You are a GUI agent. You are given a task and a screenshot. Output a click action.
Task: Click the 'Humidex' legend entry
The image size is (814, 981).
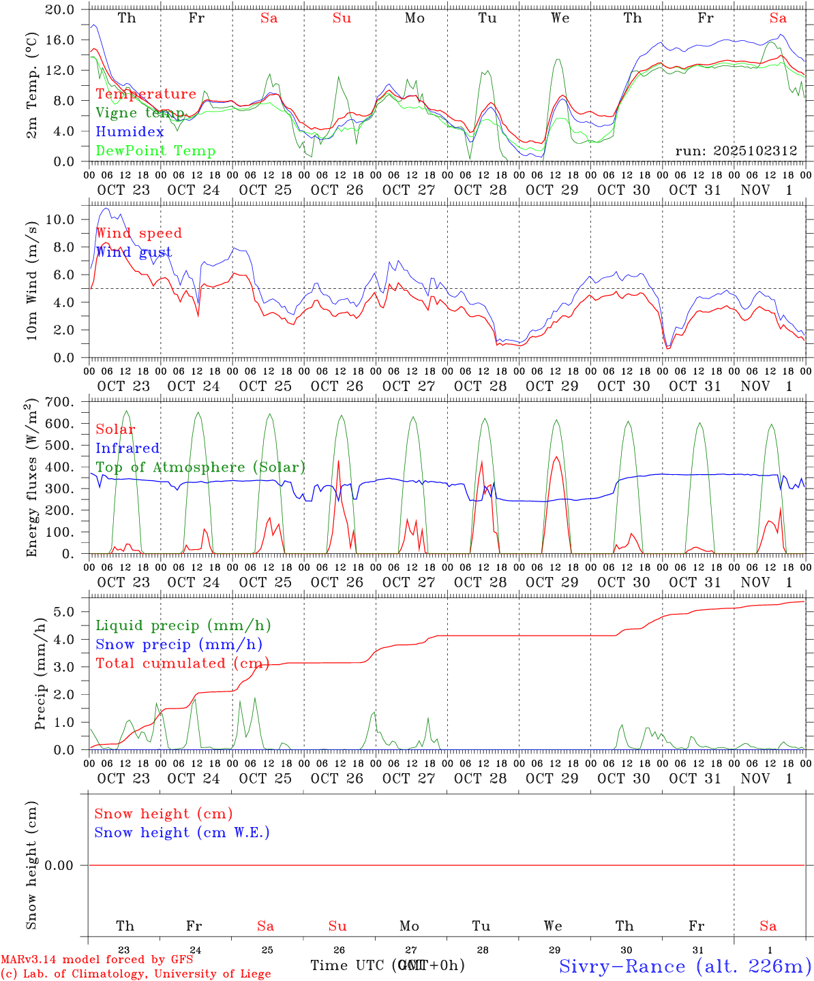[x=130, y=132]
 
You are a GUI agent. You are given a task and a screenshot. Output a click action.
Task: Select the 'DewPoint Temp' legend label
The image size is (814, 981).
[x=155, y=151]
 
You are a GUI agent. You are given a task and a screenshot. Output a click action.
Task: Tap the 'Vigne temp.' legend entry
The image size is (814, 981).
[x=140, y=113]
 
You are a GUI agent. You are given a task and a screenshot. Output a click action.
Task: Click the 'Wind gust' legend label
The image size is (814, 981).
[x=134, y=252]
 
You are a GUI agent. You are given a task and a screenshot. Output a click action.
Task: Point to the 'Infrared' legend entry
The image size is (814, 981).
[x=127, y=448]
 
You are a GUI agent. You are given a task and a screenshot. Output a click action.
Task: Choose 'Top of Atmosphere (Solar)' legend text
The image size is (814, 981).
[x=200, y=467]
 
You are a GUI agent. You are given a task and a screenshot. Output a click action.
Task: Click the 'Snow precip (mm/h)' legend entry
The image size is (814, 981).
[x=179, y=644]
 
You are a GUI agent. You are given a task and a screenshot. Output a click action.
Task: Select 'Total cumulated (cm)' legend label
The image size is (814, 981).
[x=182, y=664]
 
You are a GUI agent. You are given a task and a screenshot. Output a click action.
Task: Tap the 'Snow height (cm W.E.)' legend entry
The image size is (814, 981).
[x=182, y=832]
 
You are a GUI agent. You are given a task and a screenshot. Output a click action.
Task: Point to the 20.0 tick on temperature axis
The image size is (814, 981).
[x=61, y=10]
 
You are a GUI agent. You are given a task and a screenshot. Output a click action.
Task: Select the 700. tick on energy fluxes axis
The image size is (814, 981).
[x=59, y=402]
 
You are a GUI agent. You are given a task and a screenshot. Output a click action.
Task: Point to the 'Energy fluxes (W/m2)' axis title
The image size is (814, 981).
[x=31, y=478]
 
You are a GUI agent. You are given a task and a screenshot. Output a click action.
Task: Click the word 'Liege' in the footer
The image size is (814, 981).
[x=253, y=974]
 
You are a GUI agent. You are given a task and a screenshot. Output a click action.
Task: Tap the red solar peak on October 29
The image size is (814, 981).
[x=557, y=457]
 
